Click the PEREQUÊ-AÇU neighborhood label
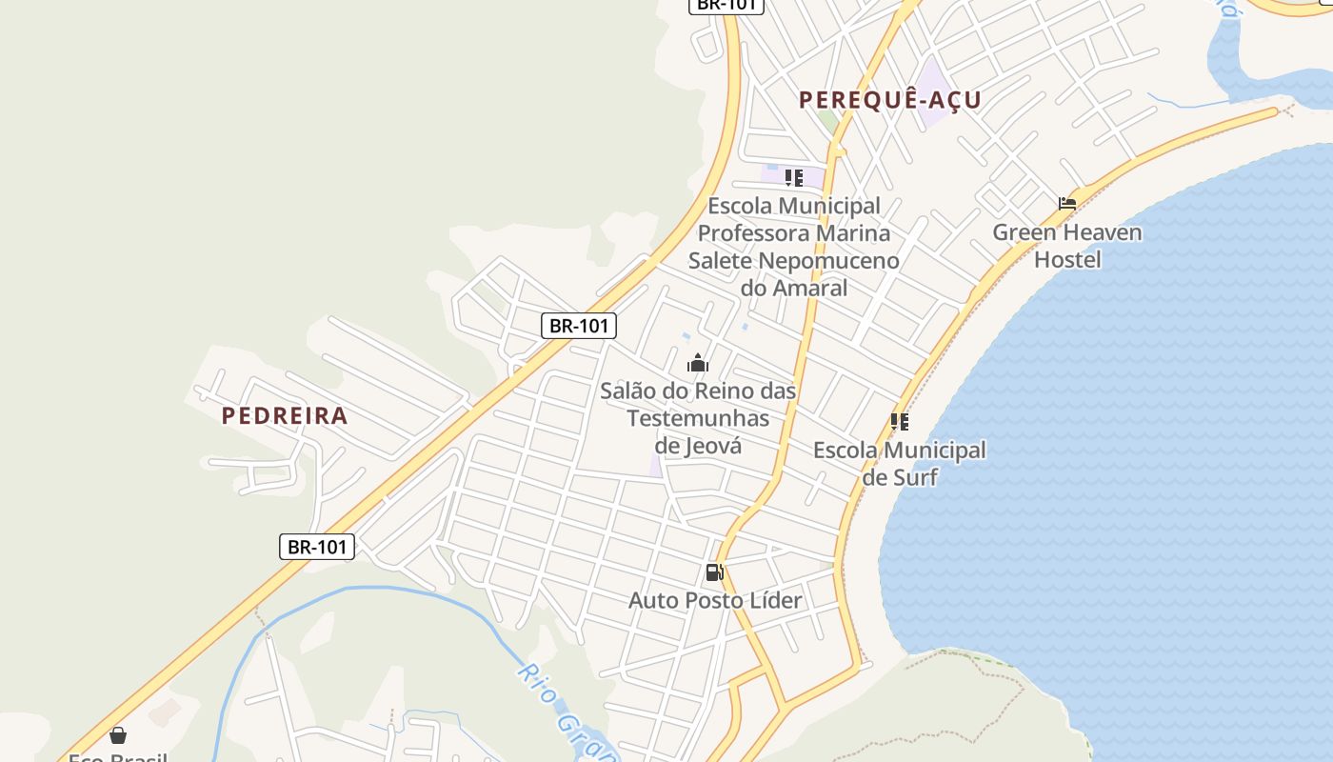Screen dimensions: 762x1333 pos(889,100)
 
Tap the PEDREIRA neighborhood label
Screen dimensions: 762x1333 pos(285,416)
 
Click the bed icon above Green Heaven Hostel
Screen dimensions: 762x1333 pos(1067,203)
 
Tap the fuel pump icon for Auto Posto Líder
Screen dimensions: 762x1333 pos(714,572)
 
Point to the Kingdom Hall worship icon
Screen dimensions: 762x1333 pos(698,363)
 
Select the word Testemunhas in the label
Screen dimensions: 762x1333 pos(698,418)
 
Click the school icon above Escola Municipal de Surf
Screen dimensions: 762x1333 pos(899,422)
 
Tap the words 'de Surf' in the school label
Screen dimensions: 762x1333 pos(899,477)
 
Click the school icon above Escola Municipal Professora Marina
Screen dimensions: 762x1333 pos(793,178)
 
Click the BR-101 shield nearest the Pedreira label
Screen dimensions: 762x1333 pos(317,547)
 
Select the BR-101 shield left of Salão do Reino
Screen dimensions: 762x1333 pos(579,326)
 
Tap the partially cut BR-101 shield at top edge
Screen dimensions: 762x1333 pos(726,5)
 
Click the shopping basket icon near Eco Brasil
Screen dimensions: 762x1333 pos(118,735)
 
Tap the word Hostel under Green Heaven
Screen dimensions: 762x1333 pos(1066,260)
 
